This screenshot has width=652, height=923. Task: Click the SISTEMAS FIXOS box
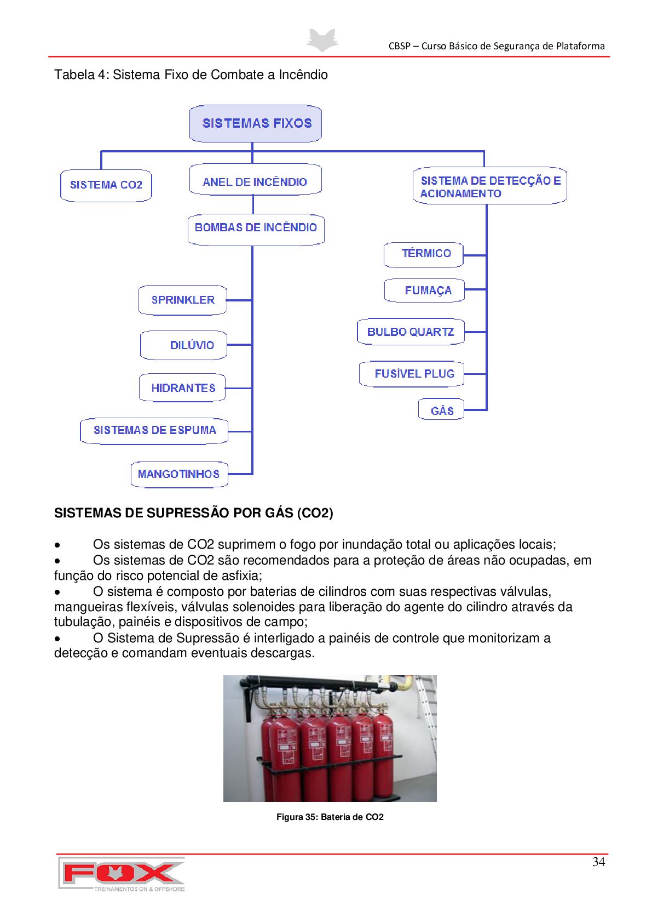256,123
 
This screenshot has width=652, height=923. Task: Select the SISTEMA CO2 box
106,185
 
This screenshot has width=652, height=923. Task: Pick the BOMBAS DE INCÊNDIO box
256,228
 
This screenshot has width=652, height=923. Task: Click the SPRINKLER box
183,300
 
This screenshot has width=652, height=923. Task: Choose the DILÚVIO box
184,345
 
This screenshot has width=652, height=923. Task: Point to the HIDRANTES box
183,388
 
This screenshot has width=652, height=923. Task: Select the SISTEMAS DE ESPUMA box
154,431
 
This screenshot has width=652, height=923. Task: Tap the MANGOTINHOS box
179,474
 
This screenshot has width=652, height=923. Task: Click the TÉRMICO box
424,254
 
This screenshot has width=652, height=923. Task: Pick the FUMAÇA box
425,290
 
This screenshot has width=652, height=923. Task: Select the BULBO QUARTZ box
411,332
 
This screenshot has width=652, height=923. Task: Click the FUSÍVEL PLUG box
412,374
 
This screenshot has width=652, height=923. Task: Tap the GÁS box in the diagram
441,411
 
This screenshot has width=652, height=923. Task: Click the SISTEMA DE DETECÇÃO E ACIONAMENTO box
489,186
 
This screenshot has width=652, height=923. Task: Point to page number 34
598,862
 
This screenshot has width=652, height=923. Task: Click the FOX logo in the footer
122,874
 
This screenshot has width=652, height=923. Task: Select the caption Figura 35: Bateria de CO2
330,817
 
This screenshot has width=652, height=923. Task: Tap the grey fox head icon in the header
322,41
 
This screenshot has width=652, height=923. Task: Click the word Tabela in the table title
74,75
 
